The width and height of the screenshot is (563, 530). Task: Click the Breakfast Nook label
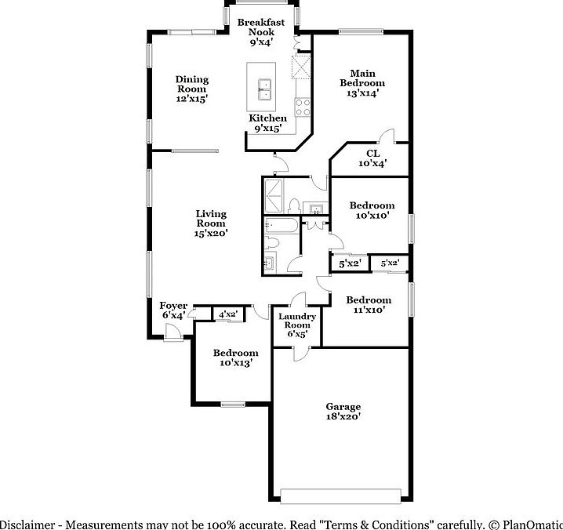tap(260, 32)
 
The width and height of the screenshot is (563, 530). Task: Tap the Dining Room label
tap(191, 89)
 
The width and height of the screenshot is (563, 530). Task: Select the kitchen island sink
tap(263, 90)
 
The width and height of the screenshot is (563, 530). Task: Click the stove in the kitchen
tap(302, 105)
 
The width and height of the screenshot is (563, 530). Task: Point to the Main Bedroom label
tap(362, 82)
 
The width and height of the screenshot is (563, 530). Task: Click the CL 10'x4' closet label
tap(372, 158)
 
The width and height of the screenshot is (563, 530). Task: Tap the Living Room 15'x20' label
tap(211, 223)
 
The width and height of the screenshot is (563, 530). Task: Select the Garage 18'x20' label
tap(343, 412)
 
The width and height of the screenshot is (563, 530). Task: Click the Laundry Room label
tap(297, 325)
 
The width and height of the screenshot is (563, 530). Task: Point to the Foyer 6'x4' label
tap(173, 310)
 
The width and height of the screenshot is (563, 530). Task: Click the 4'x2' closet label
tap(228, 314)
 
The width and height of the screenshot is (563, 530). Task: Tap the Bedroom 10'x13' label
tap(236, 358)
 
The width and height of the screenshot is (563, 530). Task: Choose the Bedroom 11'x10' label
tap(369, 304)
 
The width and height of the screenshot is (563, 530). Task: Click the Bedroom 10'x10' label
tap(372, 209)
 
